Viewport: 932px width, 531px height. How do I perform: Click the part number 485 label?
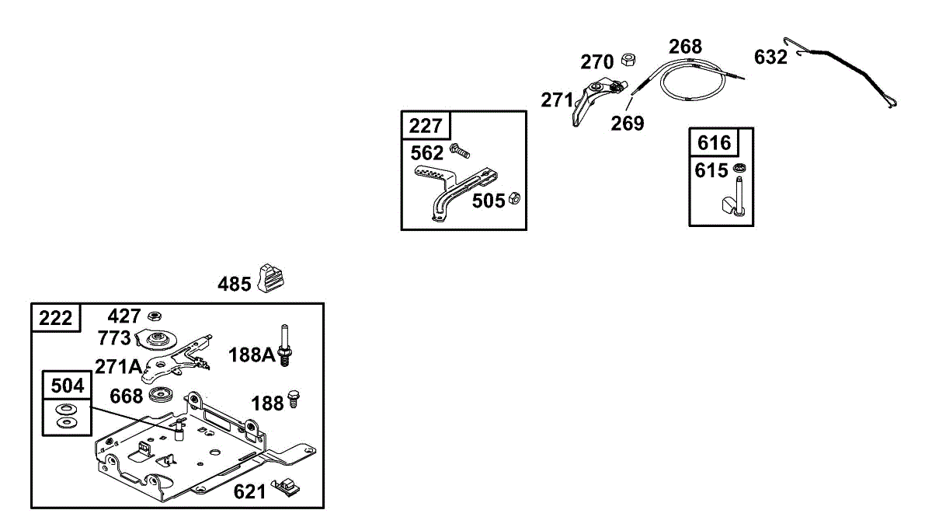pyautogui.click(x=234, y=284)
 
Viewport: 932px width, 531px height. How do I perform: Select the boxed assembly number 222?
pyautogui.click(x=55, y=318)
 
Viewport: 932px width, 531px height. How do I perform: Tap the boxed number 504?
pyautogui.click(x=66, y=385)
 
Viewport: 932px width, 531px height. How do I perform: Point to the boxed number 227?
pyautogui.click(x=426, y=126)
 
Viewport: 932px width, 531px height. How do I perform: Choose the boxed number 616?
pyautogui.click(x=714, y=143)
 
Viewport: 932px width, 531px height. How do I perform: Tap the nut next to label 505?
pyautogui.click(x=513, y=200)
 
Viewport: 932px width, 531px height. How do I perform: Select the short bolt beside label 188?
pyautogui.click(x=294, y=400)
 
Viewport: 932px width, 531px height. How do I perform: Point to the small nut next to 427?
pyautogui.click(x=155, y=316)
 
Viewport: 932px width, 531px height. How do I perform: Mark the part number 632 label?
pyautogui.click(x=770, y=58)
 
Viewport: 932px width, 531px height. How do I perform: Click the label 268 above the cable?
pyautogui.click(x=685, y=47)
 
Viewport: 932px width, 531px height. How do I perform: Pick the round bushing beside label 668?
pyautogui.click(x=162, y=394)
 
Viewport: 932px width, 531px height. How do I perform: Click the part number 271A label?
pyautogui.click(x=118, y=366)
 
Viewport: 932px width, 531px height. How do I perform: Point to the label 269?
pyautogui.click(x=627, y=124)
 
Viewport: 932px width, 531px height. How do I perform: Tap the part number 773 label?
pyautogui.click(x=115, y=338)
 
